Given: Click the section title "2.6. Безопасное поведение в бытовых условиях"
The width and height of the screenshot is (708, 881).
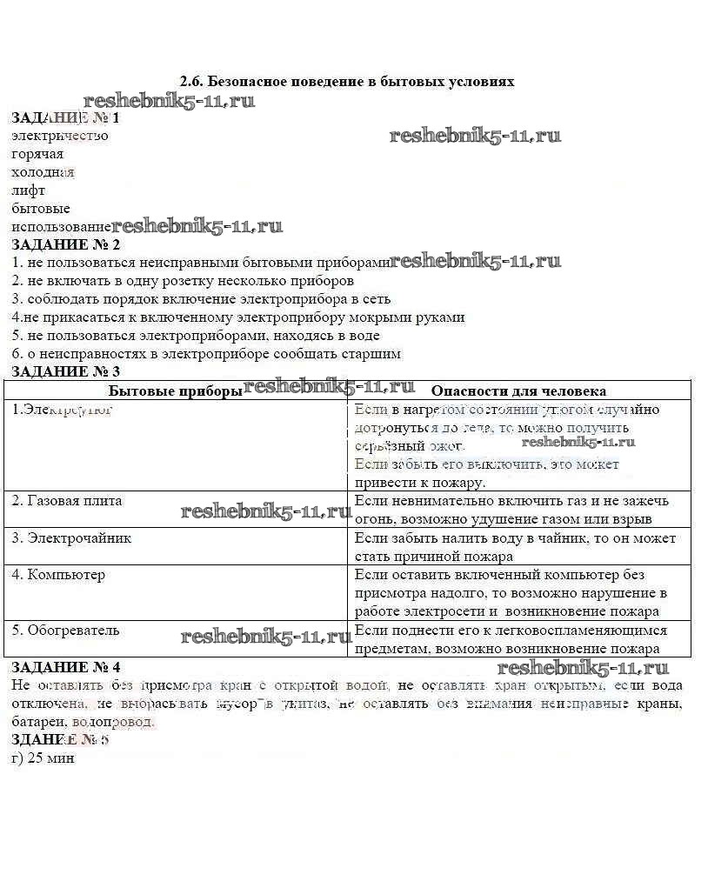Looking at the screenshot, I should (347, 82).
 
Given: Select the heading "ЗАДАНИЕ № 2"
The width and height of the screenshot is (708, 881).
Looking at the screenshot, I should (65, 244).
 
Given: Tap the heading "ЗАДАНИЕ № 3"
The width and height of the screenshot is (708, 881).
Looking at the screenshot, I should (65, 371).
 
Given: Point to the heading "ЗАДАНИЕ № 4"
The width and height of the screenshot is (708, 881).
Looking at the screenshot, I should (65, 667).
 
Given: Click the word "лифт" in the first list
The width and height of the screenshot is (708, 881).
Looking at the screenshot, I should (29, 190).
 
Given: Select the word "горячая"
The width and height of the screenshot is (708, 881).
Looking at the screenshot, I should (37, 154).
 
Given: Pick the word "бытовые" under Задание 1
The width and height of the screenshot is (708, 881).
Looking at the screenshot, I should (41, 209).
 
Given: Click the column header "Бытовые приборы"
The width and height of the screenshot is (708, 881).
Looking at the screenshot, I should (175, 391).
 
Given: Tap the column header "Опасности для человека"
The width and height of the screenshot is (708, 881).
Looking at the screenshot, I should (518, 391).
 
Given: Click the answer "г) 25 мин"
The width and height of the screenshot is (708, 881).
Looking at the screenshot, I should (43, 758).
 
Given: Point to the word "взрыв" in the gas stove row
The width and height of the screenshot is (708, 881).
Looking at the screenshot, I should (632, 519).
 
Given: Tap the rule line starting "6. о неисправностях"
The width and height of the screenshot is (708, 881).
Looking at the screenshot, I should (207, 354).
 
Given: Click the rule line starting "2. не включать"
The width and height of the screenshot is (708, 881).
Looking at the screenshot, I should (183, 281).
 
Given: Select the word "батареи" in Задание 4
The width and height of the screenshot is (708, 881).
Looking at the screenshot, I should (38, 722).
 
